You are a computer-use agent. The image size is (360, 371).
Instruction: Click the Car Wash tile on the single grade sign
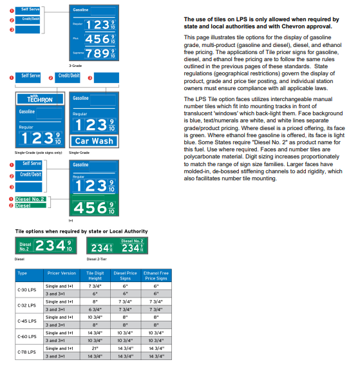tap(93, 141)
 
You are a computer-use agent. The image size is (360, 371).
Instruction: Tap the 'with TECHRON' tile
tap(39, 99)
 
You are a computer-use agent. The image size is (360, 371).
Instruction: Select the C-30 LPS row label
tap(28, 289)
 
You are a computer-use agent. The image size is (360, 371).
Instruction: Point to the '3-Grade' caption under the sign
tap(76, 66)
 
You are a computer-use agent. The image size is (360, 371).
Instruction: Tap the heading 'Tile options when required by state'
tap(81, 231)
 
